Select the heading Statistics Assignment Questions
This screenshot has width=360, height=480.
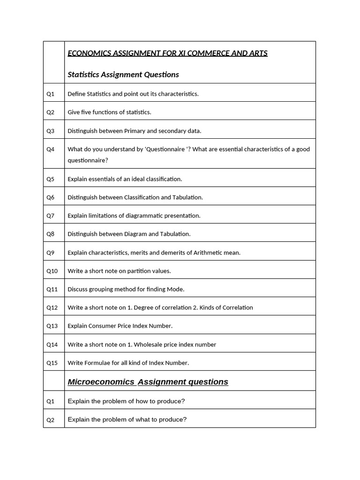123,75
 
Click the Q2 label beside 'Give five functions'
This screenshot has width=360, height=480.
50,112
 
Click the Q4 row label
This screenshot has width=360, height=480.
50,149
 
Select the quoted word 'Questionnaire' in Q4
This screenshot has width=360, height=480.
166,149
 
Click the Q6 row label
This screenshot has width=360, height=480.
50,197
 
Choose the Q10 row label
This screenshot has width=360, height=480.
52,271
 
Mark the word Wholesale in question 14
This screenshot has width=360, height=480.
149,345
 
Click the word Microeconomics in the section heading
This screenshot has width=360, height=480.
101,382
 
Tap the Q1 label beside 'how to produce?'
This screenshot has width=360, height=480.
50,401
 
